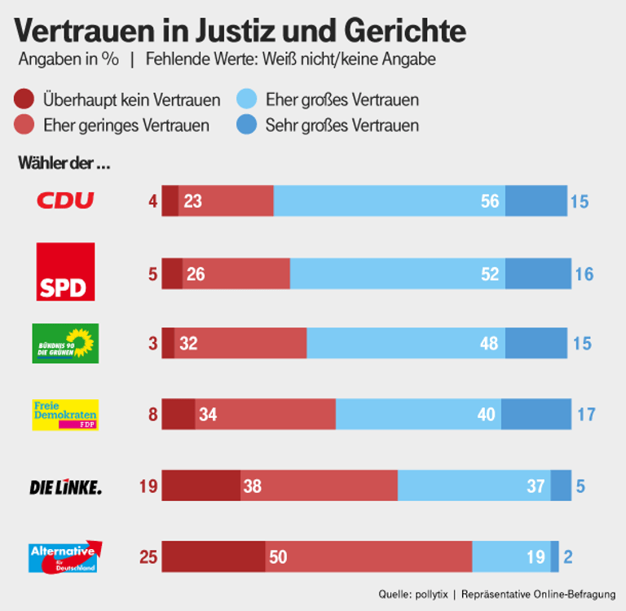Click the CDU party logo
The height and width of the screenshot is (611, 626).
pos(65,200)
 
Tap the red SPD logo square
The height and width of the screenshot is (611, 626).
pos(65,271)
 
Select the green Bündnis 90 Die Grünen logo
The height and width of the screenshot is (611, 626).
pos(65,343)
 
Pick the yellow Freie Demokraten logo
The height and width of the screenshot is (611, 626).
pos(65,414)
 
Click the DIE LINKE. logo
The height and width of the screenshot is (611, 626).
pos(65,487)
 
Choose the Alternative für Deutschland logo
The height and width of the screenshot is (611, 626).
pos(65,556)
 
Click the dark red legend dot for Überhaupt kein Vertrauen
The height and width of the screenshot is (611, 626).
pos(24,100)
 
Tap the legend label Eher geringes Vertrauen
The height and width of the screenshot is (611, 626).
pos(126,125)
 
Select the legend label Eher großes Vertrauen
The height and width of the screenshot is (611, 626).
pos(342,100)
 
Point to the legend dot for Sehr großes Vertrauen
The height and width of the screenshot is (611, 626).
pos(247,125)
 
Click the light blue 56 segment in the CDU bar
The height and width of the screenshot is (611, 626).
pos(389,200)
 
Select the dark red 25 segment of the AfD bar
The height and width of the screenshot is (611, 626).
pos(214,556)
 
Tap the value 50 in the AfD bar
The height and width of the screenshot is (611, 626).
pos(279,557)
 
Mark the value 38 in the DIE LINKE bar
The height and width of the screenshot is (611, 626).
pos(252,486)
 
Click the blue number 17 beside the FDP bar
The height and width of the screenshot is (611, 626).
pos(585,415)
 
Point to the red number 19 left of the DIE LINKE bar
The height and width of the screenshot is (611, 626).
pos(147,486)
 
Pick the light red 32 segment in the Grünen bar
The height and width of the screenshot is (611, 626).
pos(240,343)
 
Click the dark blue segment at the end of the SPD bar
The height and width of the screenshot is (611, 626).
pos(537,273)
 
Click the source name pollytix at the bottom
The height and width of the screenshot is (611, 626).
pos(429,594)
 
